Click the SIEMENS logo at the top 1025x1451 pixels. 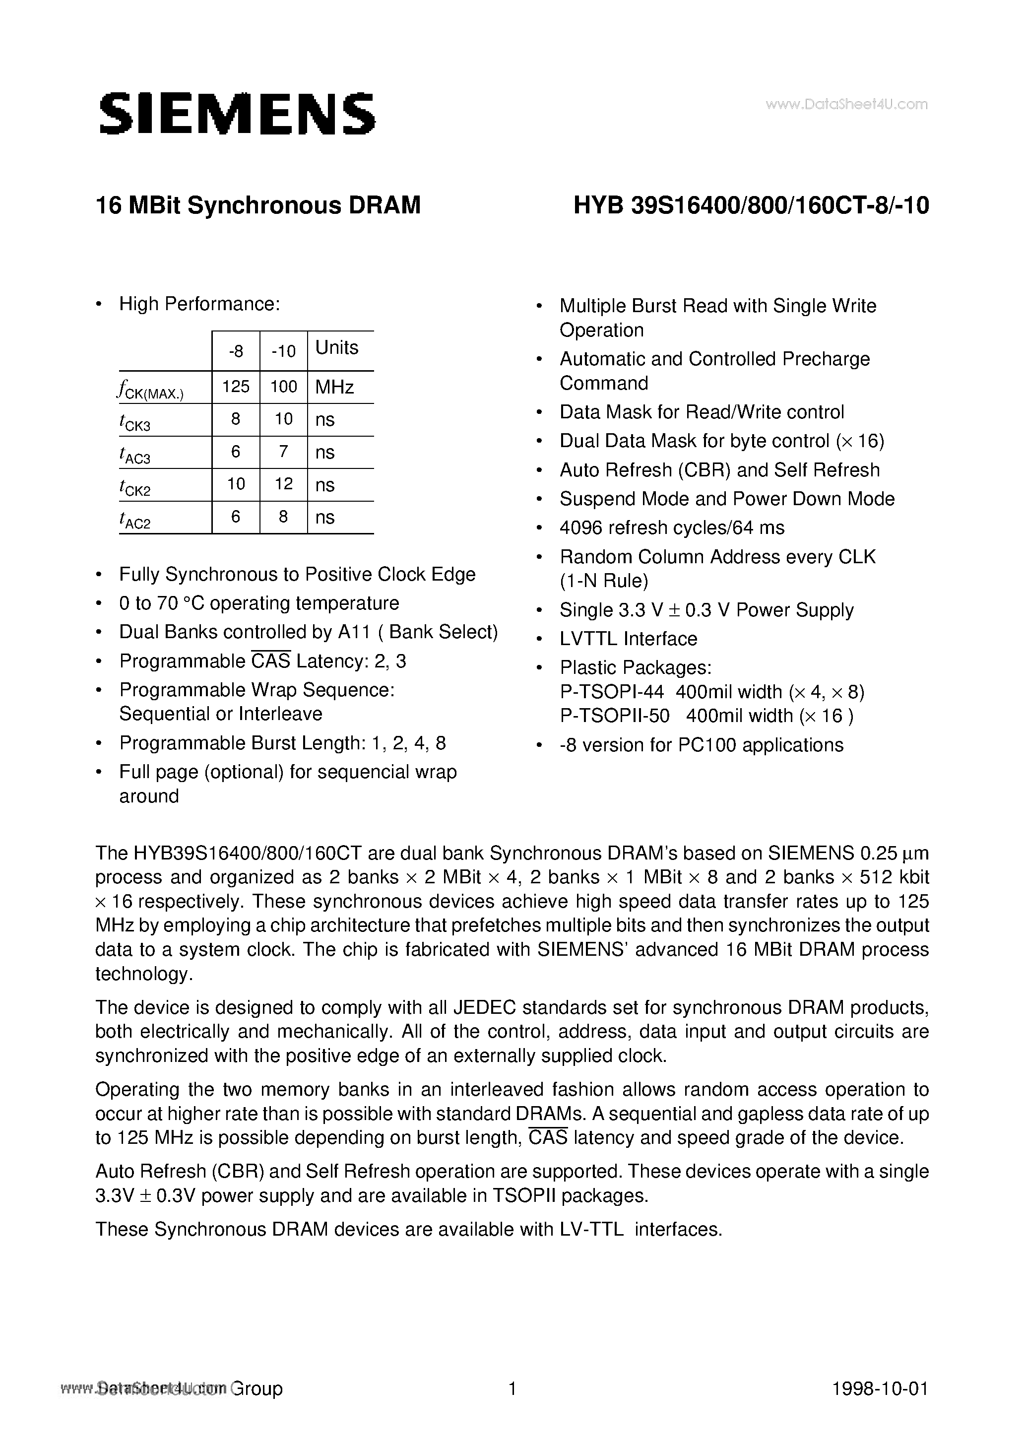[237, 114]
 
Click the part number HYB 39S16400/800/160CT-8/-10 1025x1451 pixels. [751, 206]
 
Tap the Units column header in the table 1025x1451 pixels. [337, 347]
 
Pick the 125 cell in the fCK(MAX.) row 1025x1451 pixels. [236, 386]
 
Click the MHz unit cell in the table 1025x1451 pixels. [334, 387]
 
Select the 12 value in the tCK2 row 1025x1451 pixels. [283, 484]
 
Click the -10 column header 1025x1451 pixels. [283, 351]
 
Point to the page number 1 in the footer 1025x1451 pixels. [512, 1388]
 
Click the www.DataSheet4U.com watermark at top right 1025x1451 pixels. [846, 105]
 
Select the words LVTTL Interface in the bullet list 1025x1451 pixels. [628, 639]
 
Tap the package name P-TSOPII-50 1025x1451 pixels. [614, 716]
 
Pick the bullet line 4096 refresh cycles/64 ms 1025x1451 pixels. [672, 528]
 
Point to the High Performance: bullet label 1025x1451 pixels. [199, 305]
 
